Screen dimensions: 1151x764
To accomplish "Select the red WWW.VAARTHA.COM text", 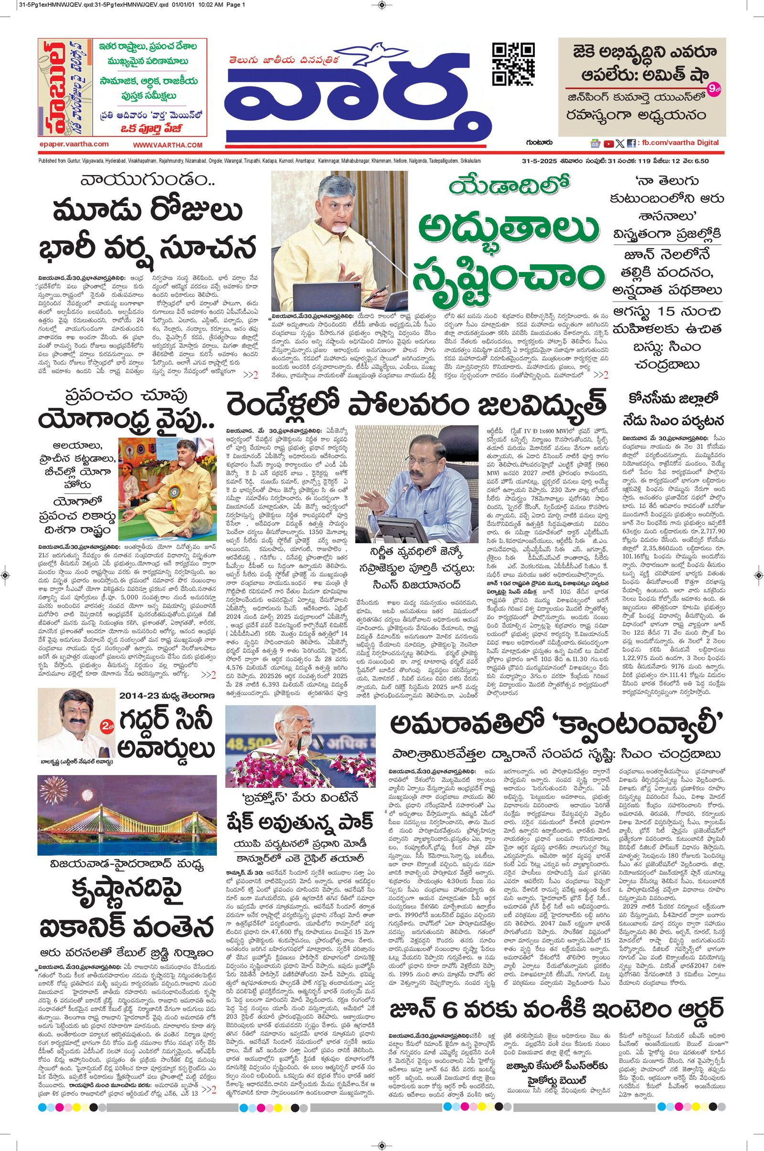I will pyautogui.click(x=168, y=145).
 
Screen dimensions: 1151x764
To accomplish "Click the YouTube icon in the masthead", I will pyautogui.click(x=608, y=144).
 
